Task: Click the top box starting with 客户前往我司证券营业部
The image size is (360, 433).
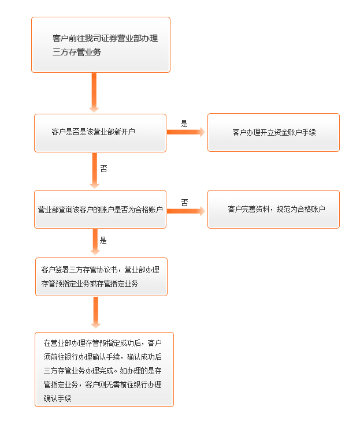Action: [101, 44]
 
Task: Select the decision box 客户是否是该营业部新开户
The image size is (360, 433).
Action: [100, 133]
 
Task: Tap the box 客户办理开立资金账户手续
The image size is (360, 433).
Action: [273, 132]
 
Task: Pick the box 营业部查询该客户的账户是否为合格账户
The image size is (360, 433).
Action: [100, 210]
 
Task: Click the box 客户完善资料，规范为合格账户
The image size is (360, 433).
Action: [273, 210]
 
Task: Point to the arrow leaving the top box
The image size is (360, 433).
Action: [94, 92]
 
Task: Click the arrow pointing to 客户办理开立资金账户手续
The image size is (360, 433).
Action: [186, 132]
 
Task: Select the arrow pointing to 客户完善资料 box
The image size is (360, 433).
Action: [186, 211]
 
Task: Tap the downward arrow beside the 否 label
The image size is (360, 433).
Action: [95, 171]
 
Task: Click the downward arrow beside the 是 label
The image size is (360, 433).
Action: [95, 242]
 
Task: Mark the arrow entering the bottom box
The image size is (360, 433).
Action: [96, 312]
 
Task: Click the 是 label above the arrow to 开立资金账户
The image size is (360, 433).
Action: [184, 124]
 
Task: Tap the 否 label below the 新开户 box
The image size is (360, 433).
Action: [103, 169]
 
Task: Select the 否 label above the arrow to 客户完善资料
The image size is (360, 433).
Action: [185, 203]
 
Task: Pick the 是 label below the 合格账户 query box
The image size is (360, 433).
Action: [103, 240]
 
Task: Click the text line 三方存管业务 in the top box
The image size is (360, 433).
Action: [77, 52]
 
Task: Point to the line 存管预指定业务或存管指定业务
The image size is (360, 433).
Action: [90, 283]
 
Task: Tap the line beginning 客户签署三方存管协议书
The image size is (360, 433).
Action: [101, 270]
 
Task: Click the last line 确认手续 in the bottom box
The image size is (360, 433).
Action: [58, 398]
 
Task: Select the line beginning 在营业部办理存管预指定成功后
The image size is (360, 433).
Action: [103, 344]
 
